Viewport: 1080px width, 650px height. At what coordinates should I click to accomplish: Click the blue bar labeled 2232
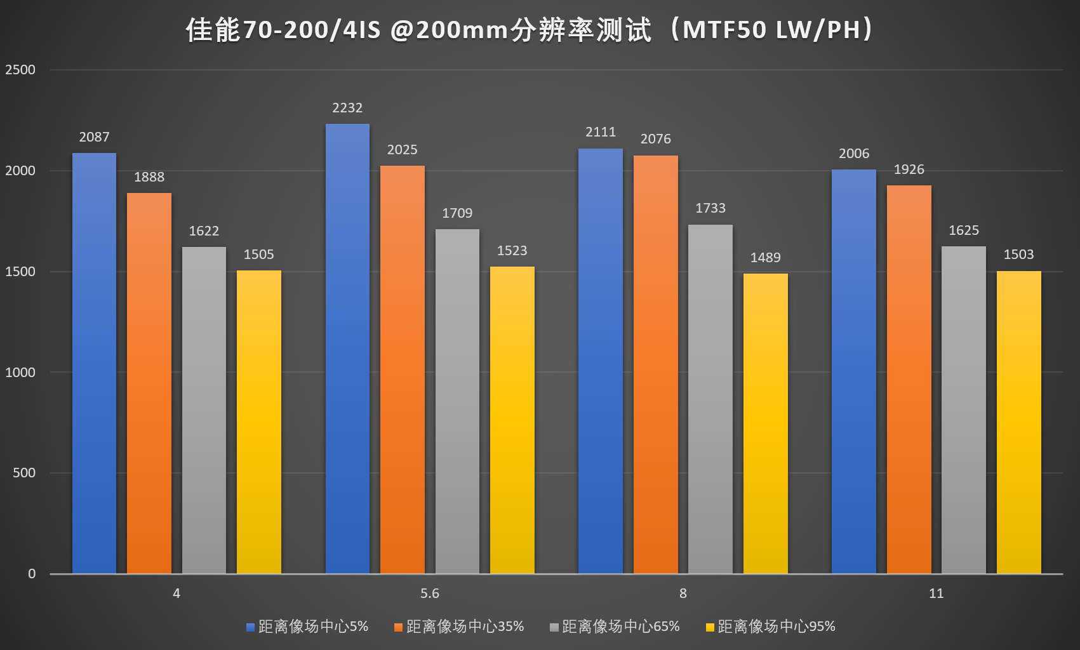347,348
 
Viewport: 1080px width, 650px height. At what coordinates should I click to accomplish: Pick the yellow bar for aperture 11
1018,422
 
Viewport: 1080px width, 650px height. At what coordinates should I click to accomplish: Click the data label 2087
94,137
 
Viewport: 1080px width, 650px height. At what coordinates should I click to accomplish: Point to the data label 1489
765,258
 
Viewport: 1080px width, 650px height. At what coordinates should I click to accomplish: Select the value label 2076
655,139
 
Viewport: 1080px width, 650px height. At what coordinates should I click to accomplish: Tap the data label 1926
909,169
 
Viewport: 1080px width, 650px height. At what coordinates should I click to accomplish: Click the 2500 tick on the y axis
20,70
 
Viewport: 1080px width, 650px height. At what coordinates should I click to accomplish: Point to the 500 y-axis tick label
24,473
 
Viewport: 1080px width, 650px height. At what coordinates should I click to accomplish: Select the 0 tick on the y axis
32,574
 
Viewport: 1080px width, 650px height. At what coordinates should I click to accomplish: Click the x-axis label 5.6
430,594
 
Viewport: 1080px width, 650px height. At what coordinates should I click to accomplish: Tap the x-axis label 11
936,594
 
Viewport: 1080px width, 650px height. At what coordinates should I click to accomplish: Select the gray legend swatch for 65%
554,627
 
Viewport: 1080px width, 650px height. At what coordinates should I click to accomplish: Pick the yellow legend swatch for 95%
710,627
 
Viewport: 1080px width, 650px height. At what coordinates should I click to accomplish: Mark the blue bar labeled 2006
853,371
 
